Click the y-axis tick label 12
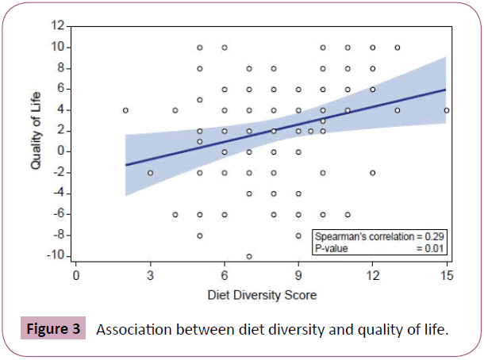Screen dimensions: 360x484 pyautogui.click(x=57, y=26)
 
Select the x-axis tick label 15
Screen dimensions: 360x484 pyautogui.click(x=446, y=276)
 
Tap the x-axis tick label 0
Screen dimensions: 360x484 pyautogui.click(x=76, y=276)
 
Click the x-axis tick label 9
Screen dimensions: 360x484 pyautogui.click(x=298, y=276)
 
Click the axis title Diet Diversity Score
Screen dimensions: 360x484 pyautogui.click(x=261, y=294)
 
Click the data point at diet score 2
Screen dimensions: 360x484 pyautogui.click(x=125, y=110)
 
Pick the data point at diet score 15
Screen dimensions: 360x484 pyautogui.click(x=447, y=110)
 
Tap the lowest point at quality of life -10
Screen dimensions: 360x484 pyautogui.click(x=249, y=256)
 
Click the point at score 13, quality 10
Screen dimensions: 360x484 pyautogui.click(x=398, y=48)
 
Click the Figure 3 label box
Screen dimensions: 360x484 pyautogui.click(x=54, y=329)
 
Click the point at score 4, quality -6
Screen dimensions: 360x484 pyautogui.click(x=175, y=214)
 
